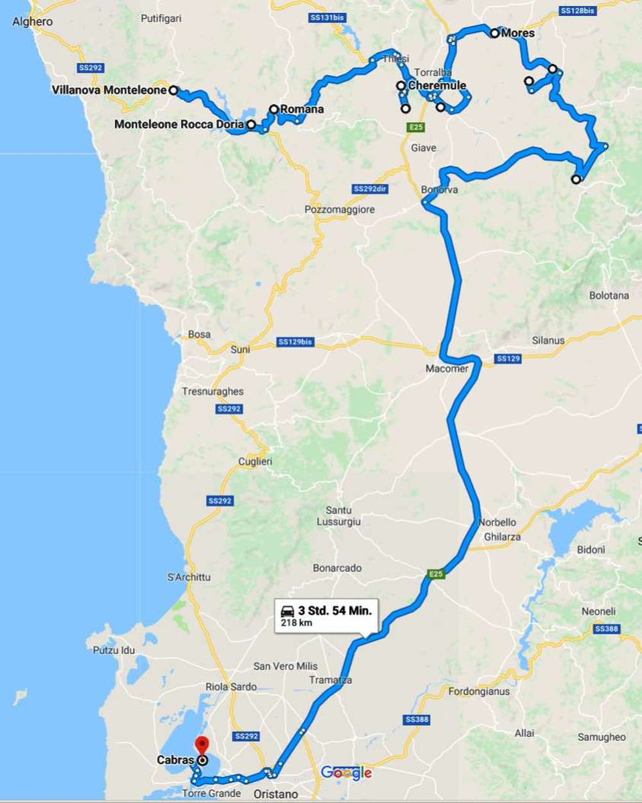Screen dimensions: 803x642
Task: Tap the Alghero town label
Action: [32, 21]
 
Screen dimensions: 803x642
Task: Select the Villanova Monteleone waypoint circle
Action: [173, 91]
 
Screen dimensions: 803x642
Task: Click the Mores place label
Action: [517, 33]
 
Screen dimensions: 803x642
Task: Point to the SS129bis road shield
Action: [295, 341]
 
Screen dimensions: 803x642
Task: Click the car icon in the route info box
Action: [288, 610]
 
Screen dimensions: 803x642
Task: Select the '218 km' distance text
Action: [297, 623]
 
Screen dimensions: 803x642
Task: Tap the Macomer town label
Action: [447, 368]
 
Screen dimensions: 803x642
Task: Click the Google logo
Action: [347, 772]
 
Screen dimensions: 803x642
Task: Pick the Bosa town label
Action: [199, 334]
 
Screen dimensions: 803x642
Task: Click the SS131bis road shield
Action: [328, 17]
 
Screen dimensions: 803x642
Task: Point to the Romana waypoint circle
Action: [274, 109]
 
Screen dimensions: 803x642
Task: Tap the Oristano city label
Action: [275, 794]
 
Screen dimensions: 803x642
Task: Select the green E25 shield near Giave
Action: [416, 127]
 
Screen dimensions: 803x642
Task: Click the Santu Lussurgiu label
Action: [338, 516]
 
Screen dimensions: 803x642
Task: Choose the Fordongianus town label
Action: [479, 691]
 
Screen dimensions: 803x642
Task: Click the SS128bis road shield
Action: [577, 11]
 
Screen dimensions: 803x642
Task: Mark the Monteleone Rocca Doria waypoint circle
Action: [251, 125]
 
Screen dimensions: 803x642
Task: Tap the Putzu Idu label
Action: [114, 650]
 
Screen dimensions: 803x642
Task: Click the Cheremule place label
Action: [437, 85]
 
